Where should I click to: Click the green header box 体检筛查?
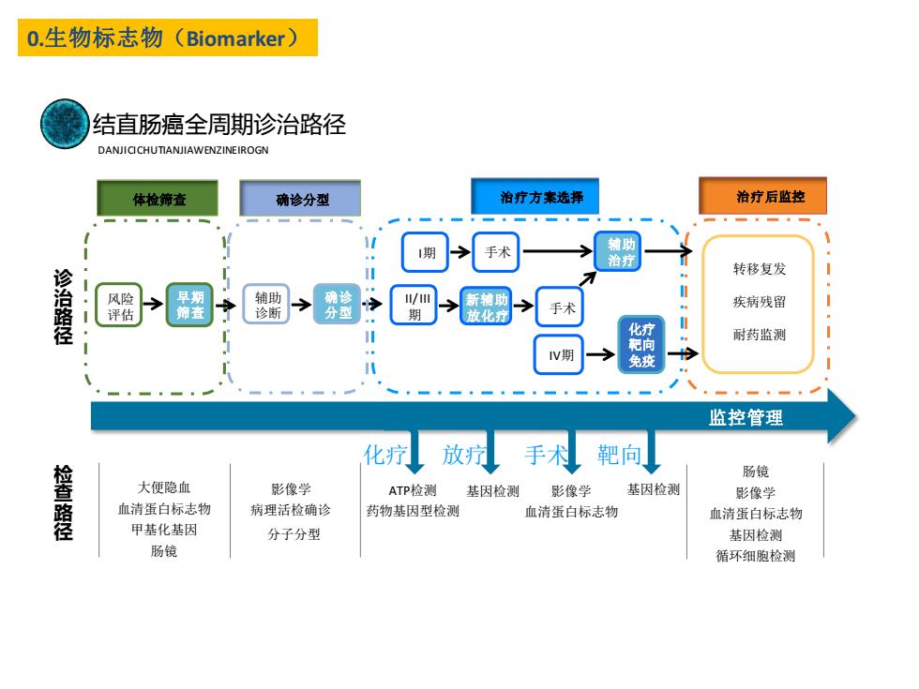pos(158,198)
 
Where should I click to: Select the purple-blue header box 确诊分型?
pos(300,198)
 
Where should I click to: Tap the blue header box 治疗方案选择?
pos(535,196)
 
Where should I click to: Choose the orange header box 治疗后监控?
pos(763,196)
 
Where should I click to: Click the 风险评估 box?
pos(119,305)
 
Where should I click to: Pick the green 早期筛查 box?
pos(189,305)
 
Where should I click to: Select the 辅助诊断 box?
pos(266,304)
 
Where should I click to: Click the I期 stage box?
pos(426,252)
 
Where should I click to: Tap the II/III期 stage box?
pos(414,306)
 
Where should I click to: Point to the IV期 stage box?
pos(559,354)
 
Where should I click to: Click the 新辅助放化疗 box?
pos(486,306)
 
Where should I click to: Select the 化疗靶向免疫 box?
pos(641,345)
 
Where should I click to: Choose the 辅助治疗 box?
pos(618,251)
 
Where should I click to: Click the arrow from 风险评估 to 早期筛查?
pos(154,304)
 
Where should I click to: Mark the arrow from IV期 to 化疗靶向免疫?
pos(600,354)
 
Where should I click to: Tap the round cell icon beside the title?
pos(65,124)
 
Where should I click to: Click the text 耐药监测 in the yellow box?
pos(760,335)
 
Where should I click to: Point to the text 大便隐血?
pos(164,487)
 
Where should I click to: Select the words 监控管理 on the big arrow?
pos(746,418)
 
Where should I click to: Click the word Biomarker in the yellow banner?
pos(235,38)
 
